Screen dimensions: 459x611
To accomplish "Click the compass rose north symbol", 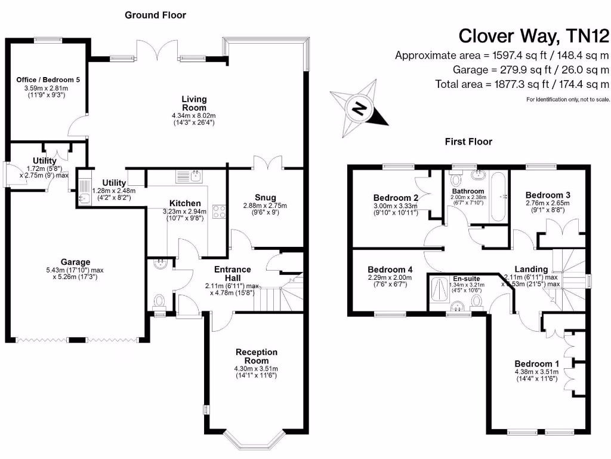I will pos(359,108).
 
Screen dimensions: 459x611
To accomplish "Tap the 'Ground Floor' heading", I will pos(155,15).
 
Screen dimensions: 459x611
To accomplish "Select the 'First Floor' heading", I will pos(468,142).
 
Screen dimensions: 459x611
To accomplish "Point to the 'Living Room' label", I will pos(195,103).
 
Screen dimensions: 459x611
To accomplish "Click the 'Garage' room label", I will pos(75,262).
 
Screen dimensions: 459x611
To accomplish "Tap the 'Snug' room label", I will pos(265,198).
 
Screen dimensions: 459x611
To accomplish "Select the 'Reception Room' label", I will pos(256,356).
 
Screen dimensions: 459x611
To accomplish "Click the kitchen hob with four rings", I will pos(218,211).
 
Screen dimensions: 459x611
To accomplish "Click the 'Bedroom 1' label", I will pos(537,364).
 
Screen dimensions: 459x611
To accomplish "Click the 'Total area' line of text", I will pos(522,84).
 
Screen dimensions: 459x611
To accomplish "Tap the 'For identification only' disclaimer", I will pos(567,99).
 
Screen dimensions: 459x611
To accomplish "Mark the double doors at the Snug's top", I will pos(266,163).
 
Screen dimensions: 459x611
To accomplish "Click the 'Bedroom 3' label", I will pos(548,195).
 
